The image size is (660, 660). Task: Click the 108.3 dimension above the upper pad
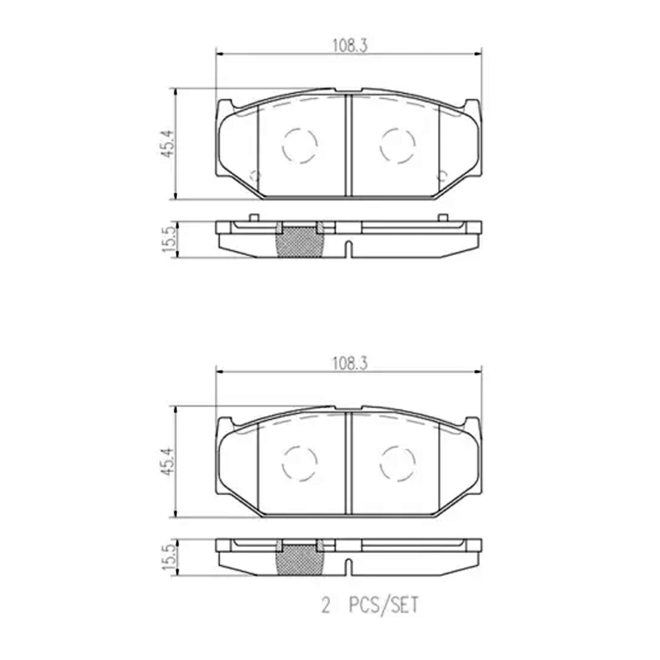[350, 46]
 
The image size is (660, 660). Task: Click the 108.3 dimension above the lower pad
[350, 364]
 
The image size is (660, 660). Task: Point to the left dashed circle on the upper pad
[300, 129]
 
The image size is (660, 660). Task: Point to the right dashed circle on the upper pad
[398, 129]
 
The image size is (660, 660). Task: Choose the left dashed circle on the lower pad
[300, 447]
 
